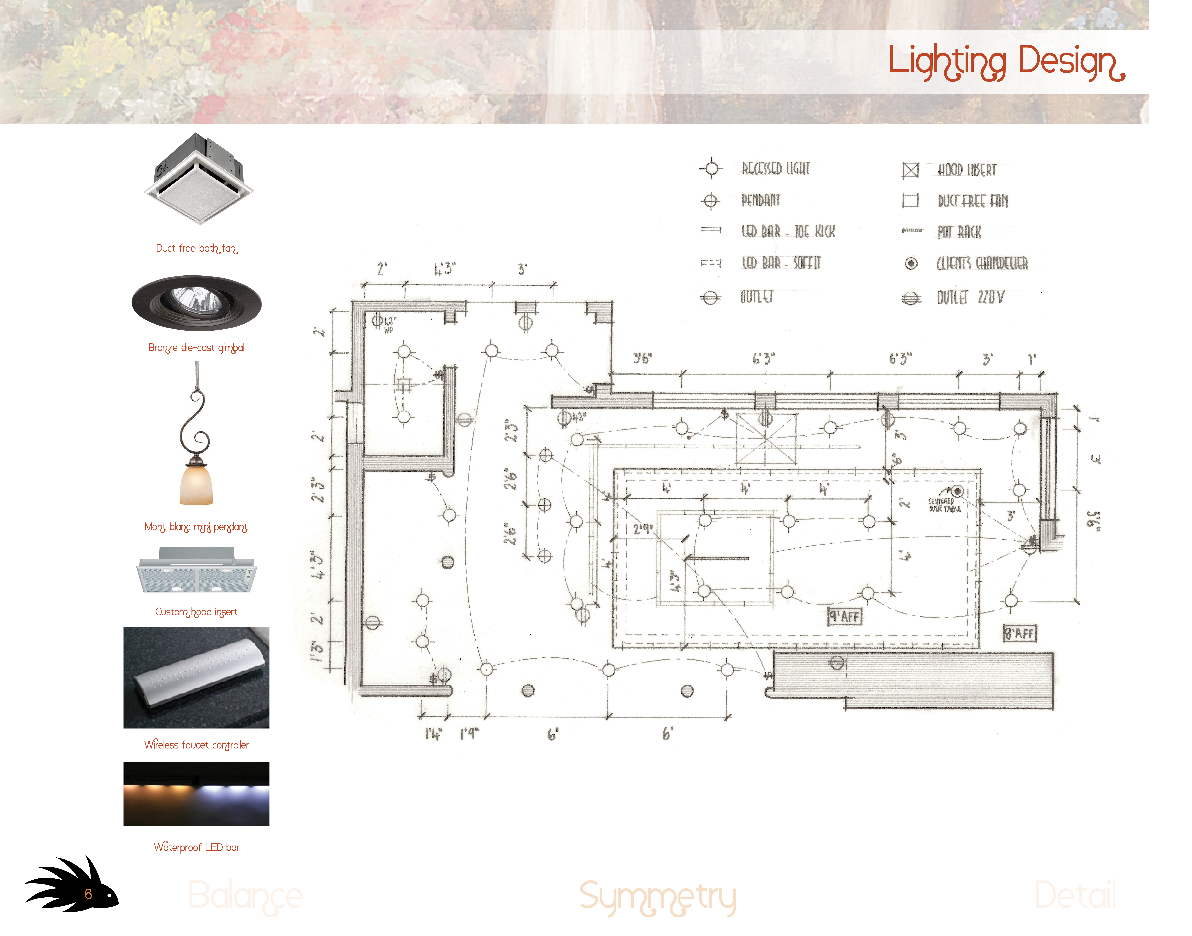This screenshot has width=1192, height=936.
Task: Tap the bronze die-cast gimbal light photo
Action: (196, 303)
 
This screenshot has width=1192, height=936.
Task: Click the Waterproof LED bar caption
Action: (196, 847)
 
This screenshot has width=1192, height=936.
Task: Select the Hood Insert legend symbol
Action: (910, 170)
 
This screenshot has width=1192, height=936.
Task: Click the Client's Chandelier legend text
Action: (981, 264)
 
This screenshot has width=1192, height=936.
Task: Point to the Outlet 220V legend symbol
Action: (911, 298)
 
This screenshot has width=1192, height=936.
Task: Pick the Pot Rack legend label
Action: (959, 232)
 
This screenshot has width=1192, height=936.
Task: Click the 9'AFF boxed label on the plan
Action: (844, 616)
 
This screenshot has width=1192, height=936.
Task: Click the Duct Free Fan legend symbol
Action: (910, 201)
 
